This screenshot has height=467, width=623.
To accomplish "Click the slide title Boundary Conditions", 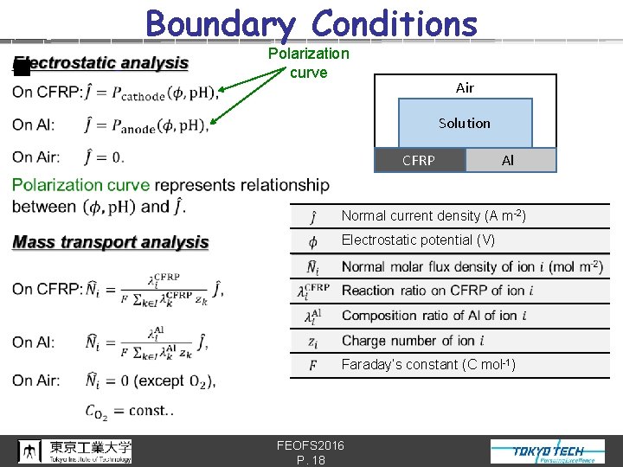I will coord(311,23).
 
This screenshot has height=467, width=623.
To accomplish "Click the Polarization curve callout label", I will coord(309,62).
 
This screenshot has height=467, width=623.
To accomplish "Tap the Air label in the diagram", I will coord(465,87).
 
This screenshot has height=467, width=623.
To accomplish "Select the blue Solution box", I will coord(465,123).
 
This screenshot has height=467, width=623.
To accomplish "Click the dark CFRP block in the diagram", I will coord(420,160).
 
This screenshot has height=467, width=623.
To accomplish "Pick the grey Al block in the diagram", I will coord(511,160).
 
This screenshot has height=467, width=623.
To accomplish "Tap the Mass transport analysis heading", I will coord(111,242).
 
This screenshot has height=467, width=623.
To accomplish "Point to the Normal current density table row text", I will coord(434,215).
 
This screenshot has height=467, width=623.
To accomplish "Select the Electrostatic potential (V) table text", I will coord(419,240).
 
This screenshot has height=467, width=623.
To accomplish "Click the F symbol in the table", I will coord(311,365).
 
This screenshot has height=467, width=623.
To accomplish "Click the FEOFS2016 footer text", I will coord(311,445).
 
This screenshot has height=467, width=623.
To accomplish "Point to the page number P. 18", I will coord(311,460).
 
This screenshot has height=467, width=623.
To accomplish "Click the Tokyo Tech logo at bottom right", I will coord(549,451).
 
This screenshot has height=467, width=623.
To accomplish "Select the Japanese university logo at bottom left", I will coord(76,451).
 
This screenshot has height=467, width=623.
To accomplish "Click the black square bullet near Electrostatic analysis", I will coord(22,68).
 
